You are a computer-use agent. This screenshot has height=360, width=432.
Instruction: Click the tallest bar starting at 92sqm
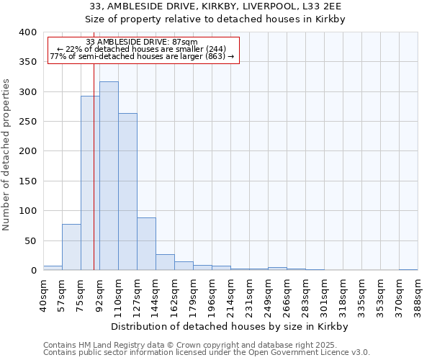[109, 176]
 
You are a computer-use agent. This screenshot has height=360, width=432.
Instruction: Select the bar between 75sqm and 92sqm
[90, 184]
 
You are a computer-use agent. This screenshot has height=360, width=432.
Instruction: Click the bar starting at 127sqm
[146, 244]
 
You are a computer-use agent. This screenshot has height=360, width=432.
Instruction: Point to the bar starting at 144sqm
[165, 262]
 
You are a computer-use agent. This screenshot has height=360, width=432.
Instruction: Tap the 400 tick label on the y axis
[28, 32]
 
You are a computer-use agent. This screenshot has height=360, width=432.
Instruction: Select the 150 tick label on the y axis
[28, 181]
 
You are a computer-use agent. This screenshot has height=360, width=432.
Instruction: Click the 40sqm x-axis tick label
[43, 292]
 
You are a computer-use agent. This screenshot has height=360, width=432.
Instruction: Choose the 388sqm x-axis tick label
[418, 294]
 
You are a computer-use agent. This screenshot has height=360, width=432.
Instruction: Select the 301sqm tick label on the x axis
[324, 294]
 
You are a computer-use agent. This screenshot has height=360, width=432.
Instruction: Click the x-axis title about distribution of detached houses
[230, 326]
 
